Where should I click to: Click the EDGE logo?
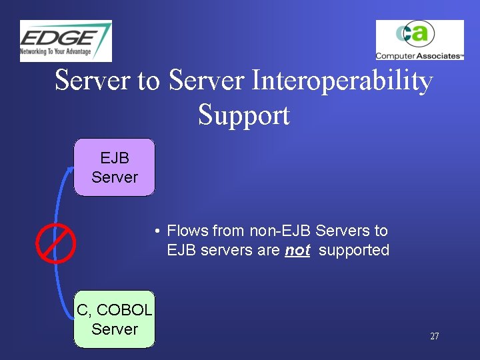[x=65, y=41]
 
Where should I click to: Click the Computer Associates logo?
[x=419, y=40]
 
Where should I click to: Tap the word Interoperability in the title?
[x=341, y=81]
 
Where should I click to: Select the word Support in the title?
[x=244, y=115]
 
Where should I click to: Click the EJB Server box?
[x=114, y=167]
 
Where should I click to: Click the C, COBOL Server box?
[x=114, y=319]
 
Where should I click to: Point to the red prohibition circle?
[x=56, y=243]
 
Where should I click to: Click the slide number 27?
[x=434, y=337]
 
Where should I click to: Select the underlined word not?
[x=297, y=250]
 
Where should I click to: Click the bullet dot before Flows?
[x=155, y=231]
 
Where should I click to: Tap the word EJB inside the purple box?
[x=115, y=159]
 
